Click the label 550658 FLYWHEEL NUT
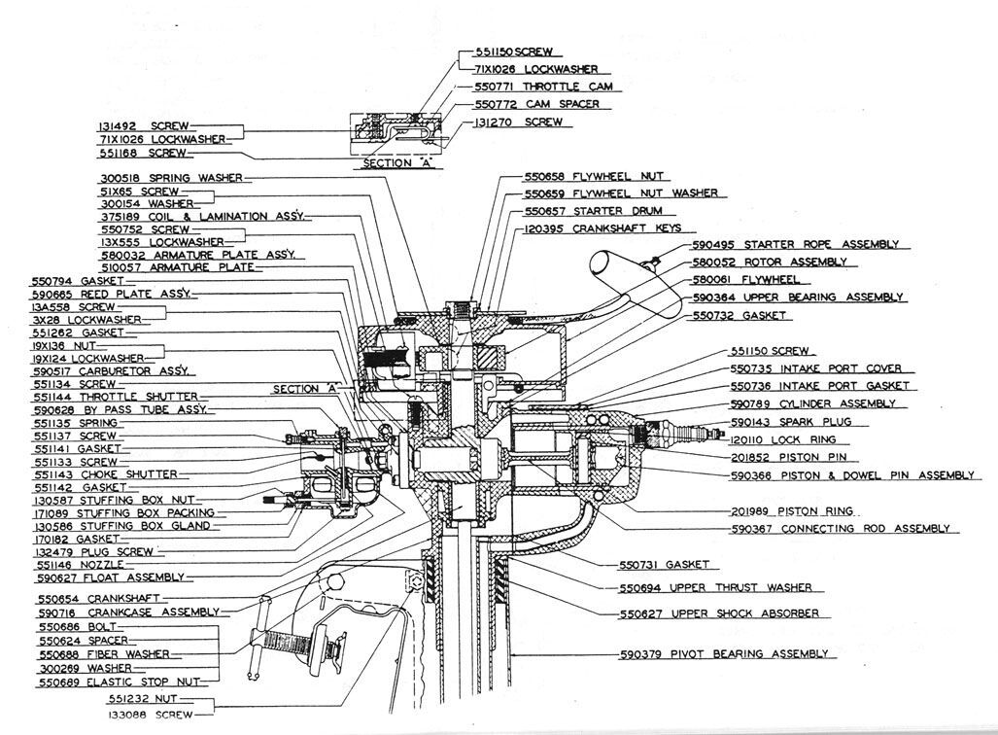(x=594, y=177)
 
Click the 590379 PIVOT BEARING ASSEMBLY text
(x=724, y=654)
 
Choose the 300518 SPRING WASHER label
(x=170, y=178)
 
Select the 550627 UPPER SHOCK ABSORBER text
(x=718, y=613)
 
